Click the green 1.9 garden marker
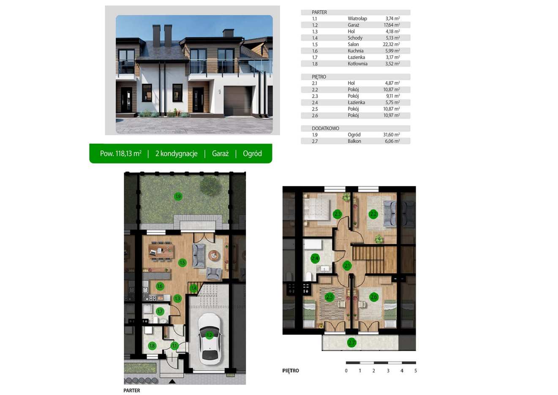(x=178, y=196)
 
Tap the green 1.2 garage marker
(x=209, y=335)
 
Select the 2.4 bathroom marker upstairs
(x=315, y=258)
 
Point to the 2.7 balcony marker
(x=351, y=343)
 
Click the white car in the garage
(x=210, y=336)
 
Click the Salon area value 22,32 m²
(x=391, y=44)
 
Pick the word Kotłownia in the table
(x=357, y=63)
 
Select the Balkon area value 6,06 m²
(x=392, y=141)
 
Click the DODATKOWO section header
(x=325, y=128)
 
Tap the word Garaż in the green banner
(x=220, y=153)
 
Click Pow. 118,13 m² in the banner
(x=121, y=153)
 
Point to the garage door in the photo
(x=238, y=101)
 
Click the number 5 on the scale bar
(x=416, y=371)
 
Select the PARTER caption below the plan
(x=131, y=390)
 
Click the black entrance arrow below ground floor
(x=172, y=381)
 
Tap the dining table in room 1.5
(x=161, y=251)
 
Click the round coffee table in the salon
(x=214, y=255)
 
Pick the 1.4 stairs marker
(x=193, y=289)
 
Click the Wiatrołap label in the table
(x=357, y=19)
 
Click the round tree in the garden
(x=210, y=186)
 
